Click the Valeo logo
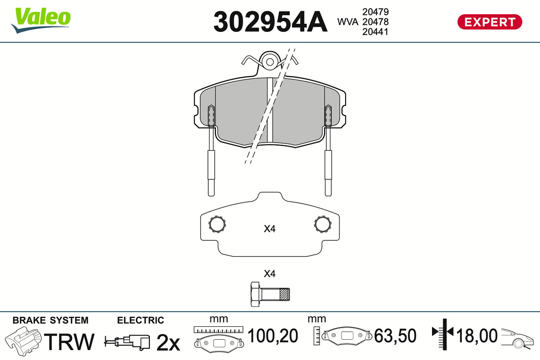point(41,20)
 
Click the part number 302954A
point(270,22)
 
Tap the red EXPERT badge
point(490,22)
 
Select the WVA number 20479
point(375,12)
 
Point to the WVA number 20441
point(375,32)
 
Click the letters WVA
point(347,22)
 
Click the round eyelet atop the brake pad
point(270,62)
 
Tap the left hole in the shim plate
point(217,224)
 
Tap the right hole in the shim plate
point(323,224)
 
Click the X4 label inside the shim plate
point(270,229)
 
